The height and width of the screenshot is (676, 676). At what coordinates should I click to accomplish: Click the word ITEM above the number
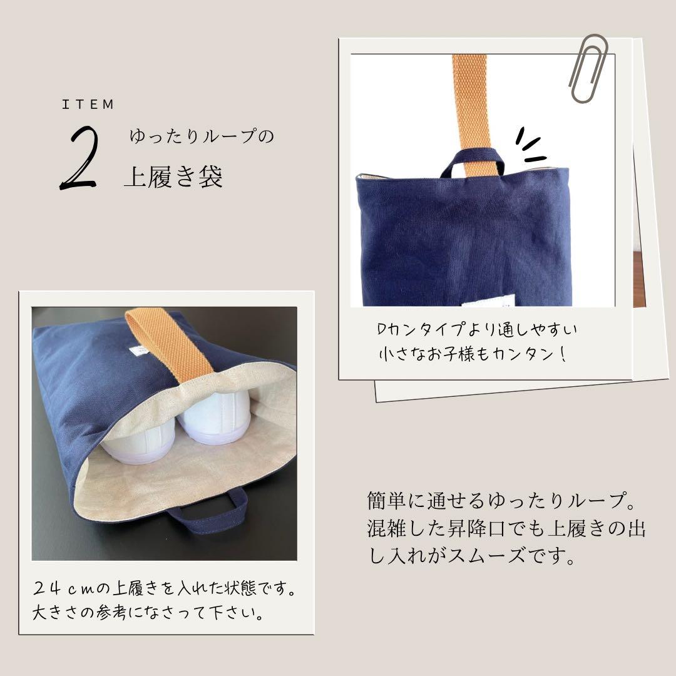88,105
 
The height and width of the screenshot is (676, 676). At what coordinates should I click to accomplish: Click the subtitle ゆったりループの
202,137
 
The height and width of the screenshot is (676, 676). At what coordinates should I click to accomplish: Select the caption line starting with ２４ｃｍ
164,590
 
